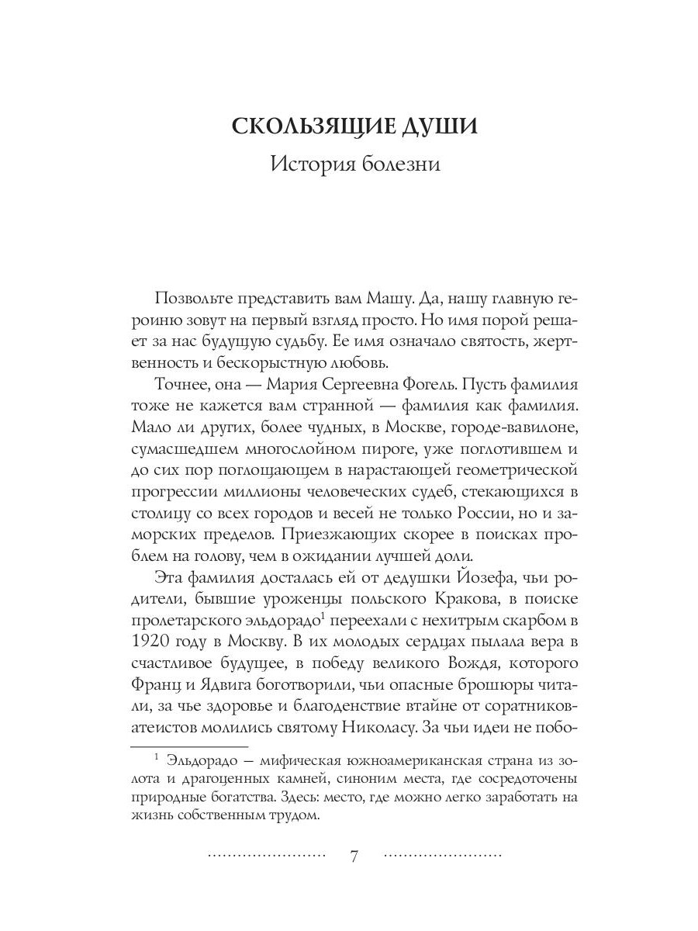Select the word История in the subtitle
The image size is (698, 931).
point(308,164)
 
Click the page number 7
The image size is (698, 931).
point(354,857)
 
